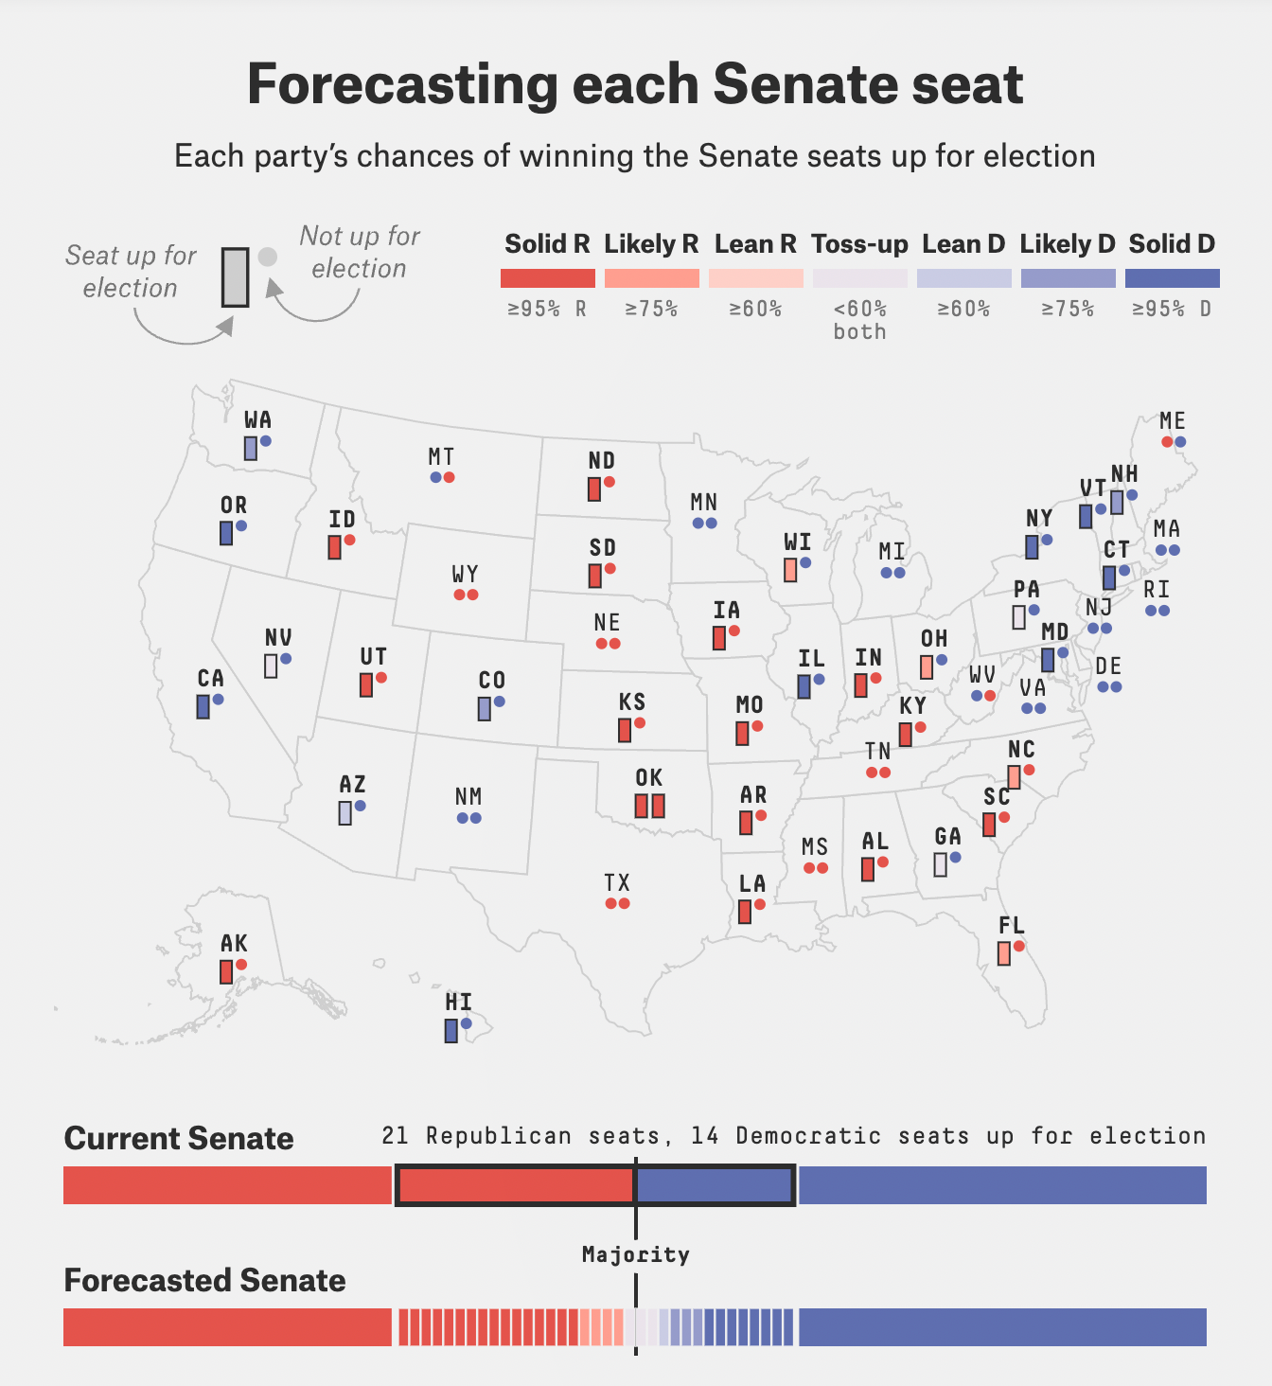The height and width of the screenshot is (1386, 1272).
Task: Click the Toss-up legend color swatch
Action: pyautogui.click(x=859, y=278)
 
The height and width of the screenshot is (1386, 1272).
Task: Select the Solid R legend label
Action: pyautogui.click(x=547, y=244)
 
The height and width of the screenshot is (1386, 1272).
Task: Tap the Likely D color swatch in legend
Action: pyautogui.click(x=1068, y=278)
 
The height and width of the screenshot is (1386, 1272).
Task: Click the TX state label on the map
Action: pyautogui.click(x=617, y=882)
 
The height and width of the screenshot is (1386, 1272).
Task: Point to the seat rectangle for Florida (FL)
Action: pyautogui.click(x=1004, y=953)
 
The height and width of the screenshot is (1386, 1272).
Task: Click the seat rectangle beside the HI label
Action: pyautogui.click(x=451, y=1031)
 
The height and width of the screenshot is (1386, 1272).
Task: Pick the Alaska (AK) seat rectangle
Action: pyautogui.click(x=226, y=971)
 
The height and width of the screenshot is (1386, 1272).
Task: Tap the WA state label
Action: pyautogui.click(x=257, y=419)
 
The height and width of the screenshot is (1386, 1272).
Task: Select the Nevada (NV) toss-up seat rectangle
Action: pyautogui.click(x=271, y=666)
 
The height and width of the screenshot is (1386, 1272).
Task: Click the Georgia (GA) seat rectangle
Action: pyautogui.click(x=940, y=864)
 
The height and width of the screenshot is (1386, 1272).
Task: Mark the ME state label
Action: pyautogui.click(x=1173, y=420)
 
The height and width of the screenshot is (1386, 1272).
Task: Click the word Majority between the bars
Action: pyautogui.click(x=635, y=1255)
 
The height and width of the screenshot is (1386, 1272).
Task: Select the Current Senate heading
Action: pyautogui.click(x=179, y=1138)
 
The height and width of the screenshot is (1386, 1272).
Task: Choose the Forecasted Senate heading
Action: pyautogui.click(x=204, y=1280)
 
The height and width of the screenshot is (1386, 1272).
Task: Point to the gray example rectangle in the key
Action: pyautogui.click(x=236, y=277)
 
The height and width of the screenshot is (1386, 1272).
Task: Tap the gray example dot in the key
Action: pyautogui.click(x=268, y=257)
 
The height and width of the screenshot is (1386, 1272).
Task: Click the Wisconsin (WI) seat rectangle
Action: pyautogui.click(x=790, y=570)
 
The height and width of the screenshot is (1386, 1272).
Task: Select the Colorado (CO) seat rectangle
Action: pyautogui.click(x=485, y=708)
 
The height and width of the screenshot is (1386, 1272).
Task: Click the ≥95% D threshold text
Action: pyautogui.click(x=1172, y=309)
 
